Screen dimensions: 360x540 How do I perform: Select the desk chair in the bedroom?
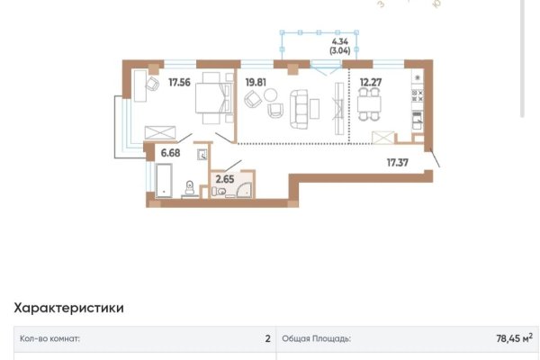click(x=147, y=82)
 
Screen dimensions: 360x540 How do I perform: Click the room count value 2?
click(x=267, y=340)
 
